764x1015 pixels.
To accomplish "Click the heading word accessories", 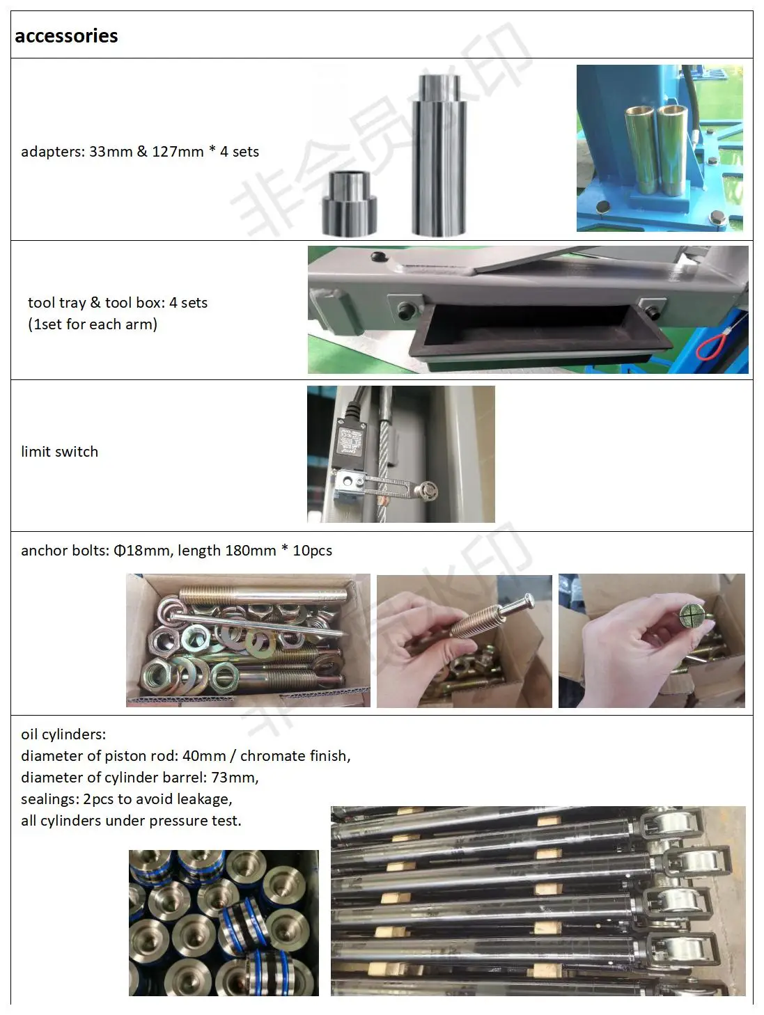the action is [x=66, y=36].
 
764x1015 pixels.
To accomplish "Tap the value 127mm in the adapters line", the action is [x=178, y=152].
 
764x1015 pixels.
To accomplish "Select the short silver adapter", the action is [x=349, y=203].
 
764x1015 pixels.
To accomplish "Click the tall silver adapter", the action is [x=439, y=155].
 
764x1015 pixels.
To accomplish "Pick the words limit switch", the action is [x=60, y=451].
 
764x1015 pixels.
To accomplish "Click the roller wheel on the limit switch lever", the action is [x=427, y=490].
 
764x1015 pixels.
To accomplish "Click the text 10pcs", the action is [x=313, y=551].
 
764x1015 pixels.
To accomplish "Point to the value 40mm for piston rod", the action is [x=205, y=755].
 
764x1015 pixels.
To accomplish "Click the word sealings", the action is [x=49, y=799].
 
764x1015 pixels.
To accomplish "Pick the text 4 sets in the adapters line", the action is [x=240, y=152].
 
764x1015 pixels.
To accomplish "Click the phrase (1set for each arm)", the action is [x=93, y=324].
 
